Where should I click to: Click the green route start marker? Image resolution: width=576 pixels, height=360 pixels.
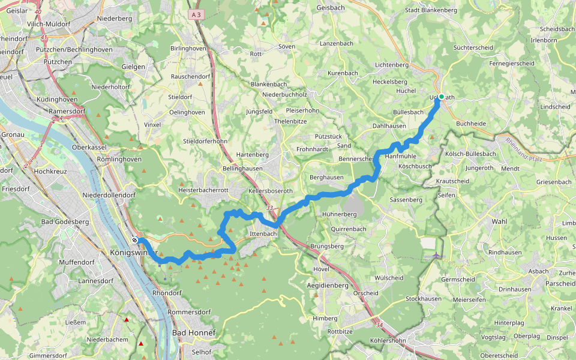[441, 97]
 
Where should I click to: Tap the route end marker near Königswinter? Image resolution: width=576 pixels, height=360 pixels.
[135, 240]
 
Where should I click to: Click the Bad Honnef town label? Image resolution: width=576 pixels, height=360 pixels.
[193, 332]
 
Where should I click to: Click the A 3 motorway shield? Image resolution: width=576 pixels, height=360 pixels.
[195, 14]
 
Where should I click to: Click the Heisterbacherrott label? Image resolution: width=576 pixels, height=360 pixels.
[204, 190]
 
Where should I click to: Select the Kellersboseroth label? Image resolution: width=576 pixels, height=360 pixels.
[270, 191]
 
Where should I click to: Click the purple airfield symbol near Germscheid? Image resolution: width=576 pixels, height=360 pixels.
[436, 256]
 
